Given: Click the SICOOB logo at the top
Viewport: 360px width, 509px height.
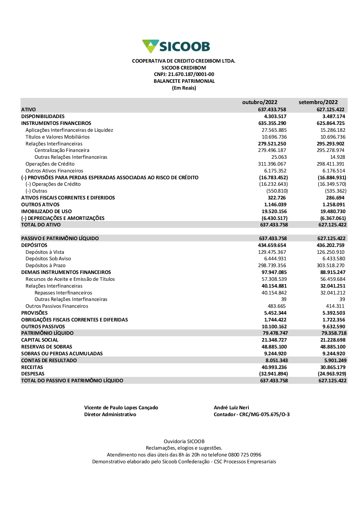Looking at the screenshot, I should (x=176, y=46).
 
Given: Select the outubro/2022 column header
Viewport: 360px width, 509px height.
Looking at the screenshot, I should (x=260, y=102).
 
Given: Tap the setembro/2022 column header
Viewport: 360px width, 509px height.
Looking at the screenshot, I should (x=318, y=102).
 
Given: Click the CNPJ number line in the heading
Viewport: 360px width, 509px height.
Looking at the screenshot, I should (x=184, y=75).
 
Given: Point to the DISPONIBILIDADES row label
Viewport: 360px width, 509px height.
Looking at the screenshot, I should (x=43, y=116).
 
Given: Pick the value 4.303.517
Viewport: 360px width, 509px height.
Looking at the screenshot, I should (x=275, y=116).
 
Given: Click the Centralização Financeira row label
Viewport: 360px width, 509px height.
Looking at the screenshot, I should (x=62, y=150).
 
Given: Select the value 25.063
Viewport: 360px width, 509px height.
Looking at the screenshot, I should (x=279, y=157).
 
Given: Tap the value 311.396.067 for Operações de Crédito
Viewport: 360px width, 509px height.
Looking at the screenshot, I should (x=272, y=164).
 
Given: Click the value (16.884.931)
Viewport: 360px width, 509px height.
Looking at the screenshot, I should (x=332, y=177).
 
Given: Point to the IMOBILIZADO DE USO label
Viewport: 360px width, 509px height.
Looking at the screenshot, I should (x=46, y=211).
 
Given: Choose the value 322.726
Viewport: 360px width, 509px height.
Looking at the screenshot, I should (x=276, y=198).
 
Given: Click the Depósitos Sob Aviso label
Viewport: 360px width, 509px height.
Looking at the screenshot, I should (x=48, y=259).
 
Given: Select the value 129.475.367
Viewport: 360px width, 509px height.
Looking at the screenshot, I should (x=272, y=252).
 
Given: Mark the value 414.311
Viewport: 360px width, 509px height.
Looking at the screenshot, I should (x=335, y=306).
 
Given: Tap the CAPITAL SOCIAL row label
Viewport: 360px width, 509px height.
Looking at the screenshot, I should (x=40, y=340).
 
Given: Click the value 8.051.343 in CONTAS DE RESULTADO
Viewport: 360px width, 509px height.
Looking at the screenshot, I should (x=276, y=360).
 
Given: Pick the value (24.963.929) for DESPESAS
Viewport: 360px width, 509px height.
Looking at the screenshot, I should (x=332, y=374).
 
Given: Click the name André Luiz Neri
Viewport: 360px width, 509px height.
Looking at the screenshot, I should (x=231, y=408).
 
